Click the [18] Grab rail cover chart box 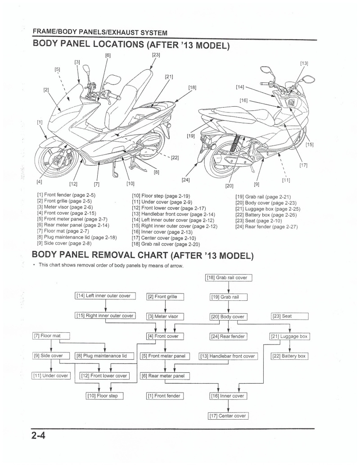[229, 278]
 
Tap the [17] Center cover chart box [229, 416]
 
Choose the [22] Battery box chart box [288, 356]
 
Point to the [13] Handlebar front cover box [228, 356]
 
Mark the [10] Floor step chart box [104, 396]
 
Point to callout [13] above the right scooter [304, 63]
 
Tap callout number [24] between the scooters [185, 180]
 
